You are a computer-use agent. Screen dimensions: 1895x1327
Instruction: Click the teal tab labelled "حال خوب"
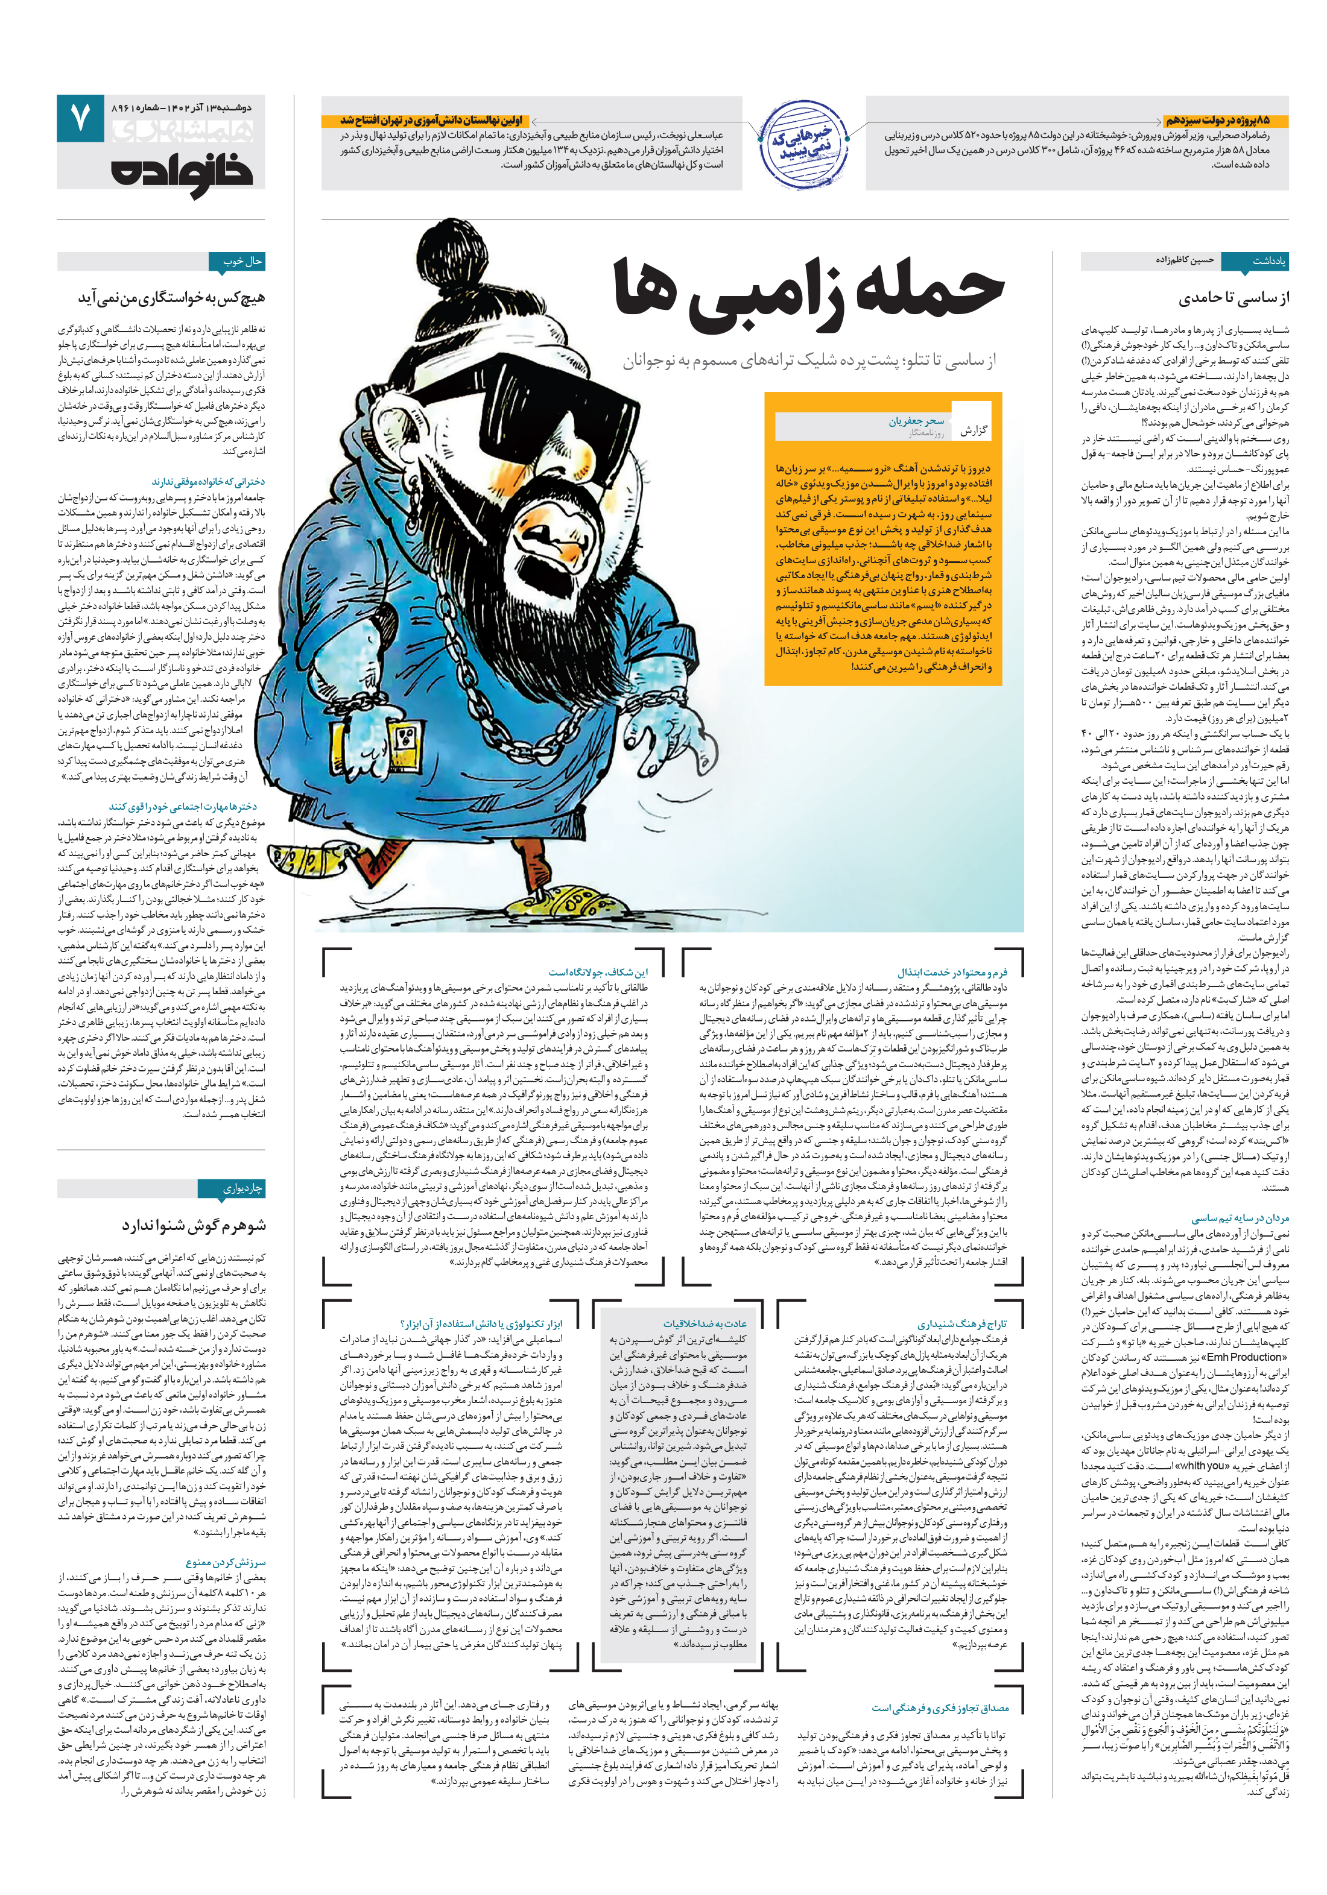(x=242, y=262)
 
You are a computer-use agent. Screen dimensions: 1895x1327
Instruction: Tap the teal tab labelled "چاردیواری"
(x=242, y=1188)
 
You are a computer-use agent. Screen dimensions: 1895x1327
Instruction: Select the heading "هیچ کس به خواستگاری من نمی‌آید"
(x=172, y=298)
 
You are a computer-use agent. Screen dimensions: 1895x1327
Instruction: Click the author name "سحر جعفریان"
(x=917, y=421)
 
